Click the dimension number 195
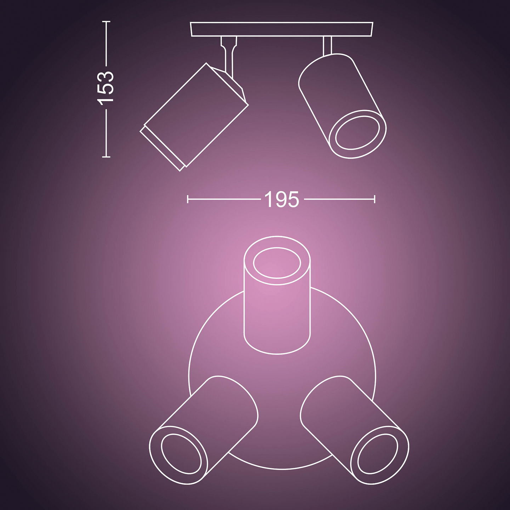point(282,199)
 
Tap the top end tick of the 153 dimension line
point(106,22)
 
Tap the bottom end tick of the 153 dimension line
point(106,157)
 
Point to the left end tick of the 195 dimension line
point(188,199)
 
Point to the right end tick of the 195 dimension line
point(374,199)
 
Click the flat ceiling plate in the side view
point(282,29)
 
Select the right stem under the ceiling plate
point(327,45)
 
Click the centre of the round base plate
point(282,375)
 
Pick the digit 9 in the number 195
point(282,199)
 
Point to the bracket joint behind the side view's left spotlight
point(232,83)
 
